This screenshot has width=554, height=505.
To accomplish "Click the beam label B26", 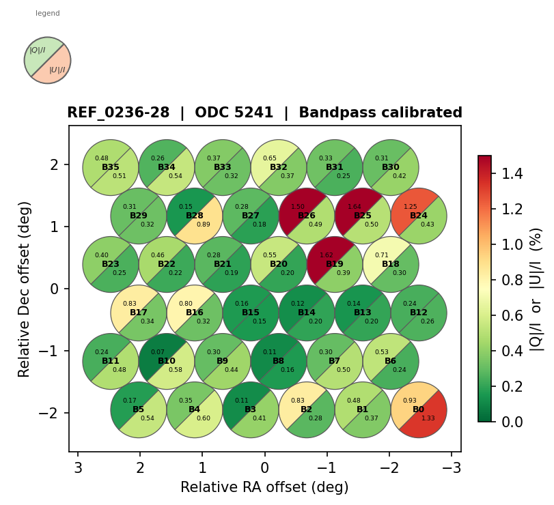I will [307, 216].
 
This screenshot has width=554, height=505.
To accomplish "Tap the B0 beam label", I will [419, 409].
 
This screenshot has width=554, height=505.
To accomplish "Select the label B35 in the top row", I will [111, 167].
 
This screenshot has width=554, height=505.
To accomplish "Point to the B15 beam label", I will [251, 313].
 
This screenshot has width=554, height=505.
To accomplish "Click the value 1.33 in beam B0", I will [428, 418].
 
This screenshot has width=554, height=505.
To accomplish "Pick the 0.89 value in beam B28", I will [204, 225].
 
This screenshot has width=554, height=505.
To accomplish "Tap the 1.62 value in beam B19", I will [327, 255].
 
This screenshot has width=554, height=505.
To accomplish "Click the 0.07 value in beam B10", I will [158, 352].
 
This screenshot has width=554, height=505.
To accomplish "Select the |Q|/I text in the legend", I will [37, 50].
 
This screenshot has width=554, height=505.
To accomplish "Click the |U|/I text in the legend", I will [57, 70].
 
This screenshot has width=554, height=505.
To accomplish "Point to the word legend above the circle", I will [48, 13].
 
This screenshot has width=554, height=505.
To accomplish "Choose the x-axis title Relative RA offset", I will [264, 487].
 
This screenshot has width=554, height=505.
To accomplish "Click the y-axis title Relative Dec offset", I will [25, 289].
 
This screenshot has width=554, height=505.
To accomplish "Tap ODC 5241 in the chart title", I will [234, 113].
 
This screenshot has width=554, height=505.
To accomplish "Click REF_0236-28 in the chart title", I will [118, 113].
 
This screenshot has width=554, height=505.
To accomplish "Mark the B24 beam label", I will [419, 216].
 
